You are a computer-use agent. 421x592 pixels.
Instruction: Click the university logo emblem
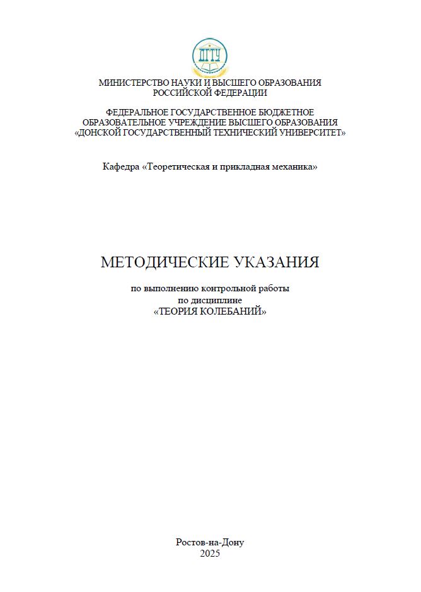click(x=210, y=56)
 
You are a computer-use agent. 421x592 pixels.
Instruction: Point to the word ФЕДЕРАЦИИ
click(x=238, y=92)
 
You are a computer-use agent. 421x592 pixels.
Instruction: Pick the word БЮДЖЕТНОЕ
click(x=286, y=112)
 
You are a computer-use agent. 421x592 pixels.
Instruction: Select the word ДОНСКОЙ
click(x=101, y=133)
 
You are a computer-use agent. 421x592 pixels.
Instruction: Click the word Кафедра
click(x=120, y=167)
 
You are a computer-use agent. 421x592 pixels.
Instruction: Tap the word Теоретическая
click(x=176, y=167)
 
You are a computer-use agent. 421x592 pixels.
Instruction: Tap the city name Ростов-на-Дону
click(x=210, y=542)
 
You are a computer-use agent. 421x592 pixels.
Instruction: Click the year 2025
click(x=210, y=554)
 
